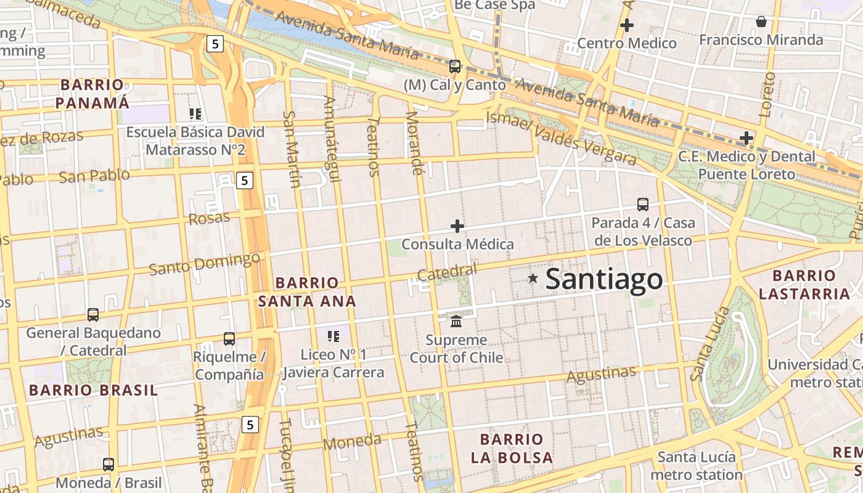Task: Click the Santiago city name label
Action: (604, 279)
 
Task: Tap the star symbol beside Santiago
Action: (533, 279)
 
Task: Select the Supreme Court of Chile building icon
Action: (456, 321)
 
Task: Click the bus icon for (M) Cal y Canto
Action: (455, 66)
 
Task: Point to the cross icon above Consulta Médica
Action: (457, 226)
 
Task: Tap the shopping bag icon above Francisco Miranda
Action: (761, 22)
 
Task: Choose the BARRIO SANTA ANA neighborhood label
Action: (307, 292)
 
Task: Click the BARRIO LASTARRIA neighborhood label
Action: (804, 285)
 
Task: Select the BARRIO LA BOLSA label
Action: (512, 449)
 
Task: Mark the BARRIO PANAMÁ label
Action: (92, 94)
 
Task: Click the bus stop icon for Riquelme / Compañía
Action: (229, 338)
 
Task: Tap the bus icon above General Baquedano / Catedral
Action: (93, 315)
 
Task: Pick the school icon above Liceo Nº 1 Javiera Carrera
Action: (333, 336)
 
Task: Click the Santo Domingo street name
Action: (204, 264)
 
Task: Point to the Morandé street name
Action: (415, 143)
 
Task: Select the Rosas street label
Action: (209, 218)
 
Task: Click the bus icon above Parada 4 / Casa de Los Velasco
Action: (642, 204)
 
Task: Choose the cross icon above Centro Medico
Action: (627, 25)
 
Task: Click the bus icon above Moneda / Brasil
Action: (108, 464)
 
